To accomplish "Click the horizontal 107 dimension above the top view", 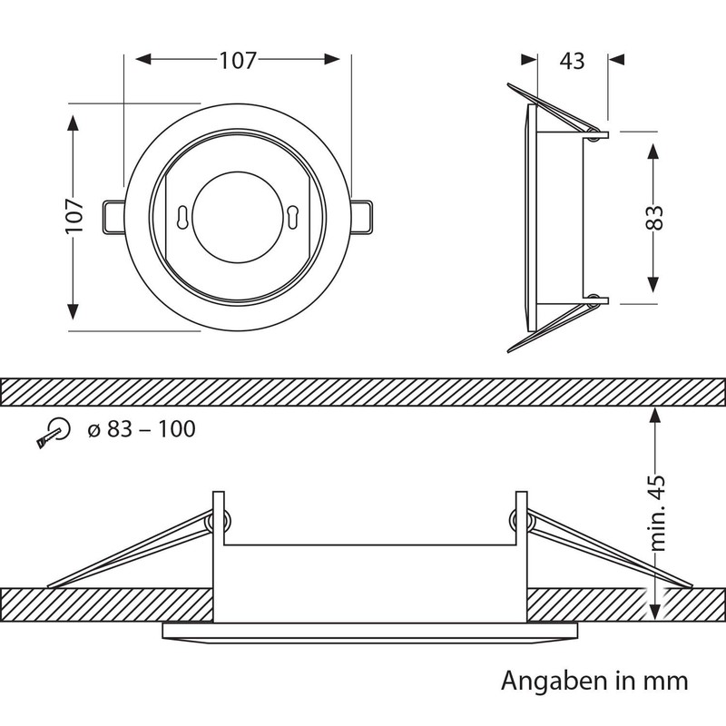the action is tap(238, 60).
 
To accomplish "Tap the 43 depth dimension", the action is tap(573, 61).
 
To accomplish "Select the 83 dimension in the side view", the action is tap(653, 218).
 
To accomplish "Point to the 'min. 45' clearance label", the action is tap(657, 513).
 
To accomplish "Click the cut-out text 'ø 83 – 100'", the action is tap(142, 429).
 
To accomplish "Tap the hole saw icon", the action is tap(53, 433).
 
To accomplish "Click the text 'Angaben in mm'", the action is tap(594, 682).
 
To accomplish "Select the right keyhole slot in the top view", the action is tap(292, 216).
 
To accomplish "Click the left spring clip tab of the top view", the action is tap(113, 216).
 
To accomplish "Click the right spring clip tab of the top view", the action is tap(360, 216).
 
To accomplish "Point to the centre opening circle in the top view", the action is tap(238, 217).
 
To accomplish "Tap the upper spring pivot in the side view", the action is tap(593, 134).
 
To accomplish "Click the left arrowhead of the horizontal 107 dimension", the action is tap(144, 59).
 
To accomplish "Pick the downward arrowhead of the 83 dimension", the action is tap(652, 284).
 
